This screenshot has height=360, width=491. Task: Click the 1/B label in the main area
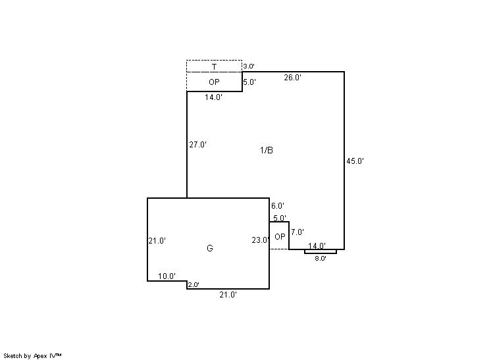coord(267,150)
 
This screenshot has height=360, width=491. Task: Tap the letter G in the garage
coord(210,248)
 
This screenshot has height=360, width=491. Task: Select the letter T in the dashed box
coord(214,66)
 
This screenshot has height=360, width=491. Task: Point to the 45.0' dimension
coord(355,161)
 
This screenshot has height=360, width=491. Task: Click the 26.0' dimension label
coord(292,77)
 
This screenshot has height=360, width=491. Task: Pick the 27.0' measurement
coord(197,145)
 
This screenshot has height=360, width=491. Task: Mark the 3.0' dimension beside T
coord(249,66)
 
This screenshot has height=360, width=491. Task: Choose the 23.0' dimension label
coord(261,240)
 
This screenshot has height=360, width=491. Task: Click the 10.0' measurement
coord(167,276)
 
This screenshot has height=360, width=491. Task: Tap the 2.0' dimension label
coord(194,285)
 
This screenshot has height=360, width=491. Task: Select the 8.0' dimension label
coord(321,258)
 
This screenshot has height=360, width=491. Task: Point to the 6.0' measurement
coord(278,206)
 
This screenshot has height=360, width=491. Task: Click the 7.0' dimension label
coord(297,232)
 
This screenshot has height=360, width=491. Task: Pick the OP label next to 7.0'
coord(280,237)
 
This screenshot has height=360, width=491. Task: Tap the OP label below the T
coord(214,82)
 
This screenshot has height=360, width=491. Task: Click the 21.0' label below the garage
coord(228,295)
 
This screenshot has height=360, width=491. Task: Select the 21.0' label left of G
coord(157,241)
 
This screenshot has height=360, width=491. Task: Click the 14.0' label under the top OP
coord(213,97)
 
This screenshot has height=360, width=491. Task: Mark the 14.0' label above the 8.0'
coord(317,245)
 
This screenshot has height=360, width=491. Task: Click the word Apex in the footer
coord(40,356)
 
